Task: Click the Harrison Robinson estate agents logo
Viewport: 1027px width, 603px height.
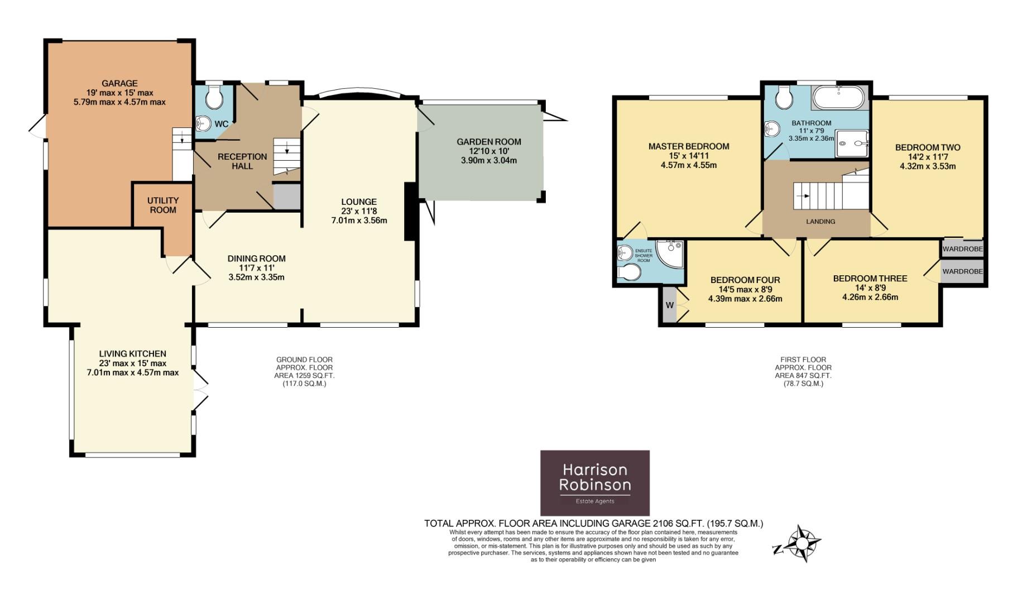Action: pos(595,483)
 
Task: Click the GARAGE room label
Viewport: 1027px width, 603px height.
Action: pos(119,84)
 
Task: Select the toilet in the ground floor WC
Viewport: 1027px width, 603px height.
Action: pos(214,97)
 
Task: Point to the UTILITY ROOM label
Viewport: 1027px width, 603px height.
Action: pos(163,205)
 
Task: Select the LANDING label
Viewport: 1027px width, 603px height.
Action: pos(820,222)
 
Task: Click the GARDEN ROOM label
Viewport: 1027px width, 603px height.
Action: pos(489,142)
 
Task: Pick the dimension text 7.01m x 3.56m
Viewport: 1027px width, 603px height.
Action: pos(359,221)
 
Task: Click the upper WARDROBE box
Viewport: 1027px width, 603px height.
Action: pos(963,249)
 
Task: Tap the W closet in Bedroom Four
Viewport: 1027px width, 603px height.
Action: pos(669,305)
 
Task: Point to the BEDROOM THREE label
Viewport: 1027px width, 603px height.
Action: pos(870,279)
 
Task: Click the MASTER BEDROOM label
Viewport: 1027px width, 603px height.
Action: pos(689,146)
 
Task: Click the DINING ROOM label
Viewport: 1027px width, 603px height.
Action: pos(257,259)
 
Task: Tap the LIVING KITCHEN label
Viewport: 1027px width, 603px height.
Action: pos(133,353)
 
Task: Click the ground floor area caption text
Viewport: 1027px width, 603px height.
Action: pos(304,372)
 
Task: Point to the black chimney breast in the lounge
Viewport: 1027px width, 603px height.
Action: pos(410,212)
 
